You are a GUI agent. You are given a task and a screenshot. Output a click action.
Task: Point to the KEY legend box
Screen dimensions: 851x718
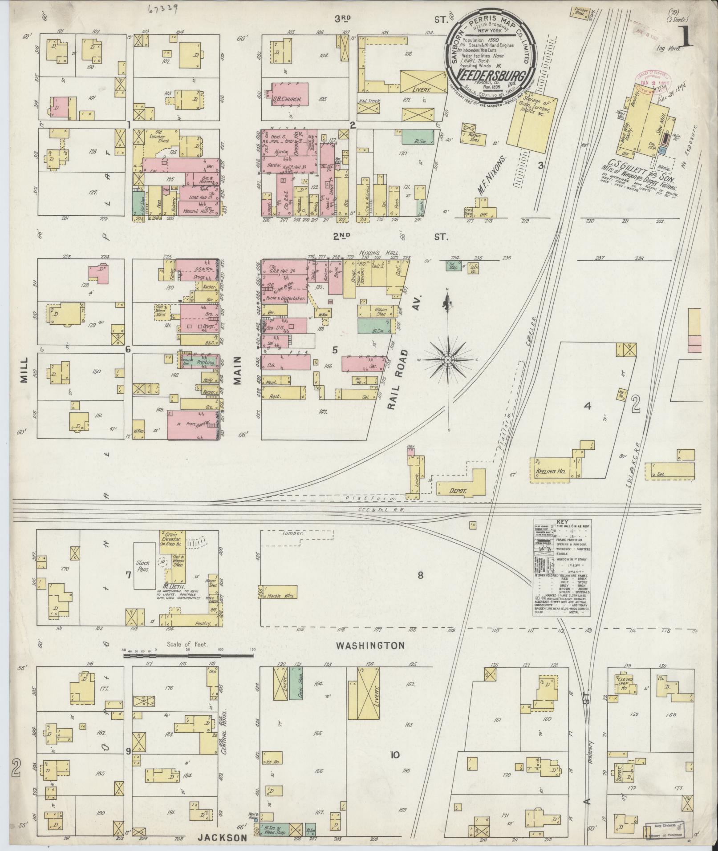pyautogui.click(x=561, y=568)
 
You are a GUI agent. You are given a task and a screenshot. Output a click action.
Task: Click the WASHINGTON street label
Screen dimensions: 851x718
pyautogui.click(x=370, y=645)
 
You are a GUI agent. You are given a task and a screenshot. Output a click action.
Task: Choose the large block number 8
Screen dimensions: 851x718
pyautogui.click(x=420, y=576)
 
